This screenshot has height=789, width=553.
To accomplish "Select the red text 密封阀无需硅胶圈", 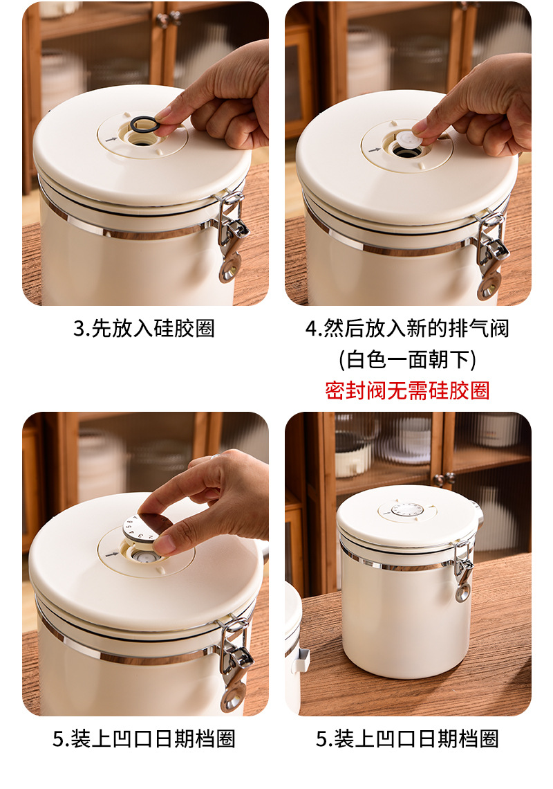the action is click(407, 390).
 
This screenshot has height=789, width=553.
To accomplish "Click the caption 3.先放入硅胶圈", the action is click(144, 329).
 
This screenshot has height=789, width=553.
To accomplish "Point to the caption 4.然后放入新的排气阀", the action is click(407, 329).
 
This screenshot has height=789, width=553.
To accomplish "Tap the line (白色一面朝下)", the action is click(407, 359).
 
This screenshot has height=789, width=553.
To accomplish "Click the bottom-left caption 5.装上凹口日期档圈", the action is click(144, 738).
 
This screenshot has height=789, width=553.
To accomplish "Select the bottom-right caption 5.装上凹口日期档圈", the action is click(407, 738).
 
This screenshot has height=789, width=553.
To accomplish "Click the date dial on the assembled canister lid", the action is click(407, 509).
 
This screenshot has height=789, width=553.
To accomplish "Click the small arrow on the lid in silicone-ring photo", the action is click(111, 139).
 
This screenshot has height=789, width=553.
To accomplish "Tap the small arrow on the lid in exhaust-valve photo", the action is click(375, 149).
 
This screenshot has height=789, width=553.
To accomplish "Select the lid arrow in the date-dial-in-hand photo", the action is click(112, 554).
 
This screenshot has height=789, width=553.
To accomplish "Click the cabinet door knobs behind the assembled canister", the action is click(444, 479).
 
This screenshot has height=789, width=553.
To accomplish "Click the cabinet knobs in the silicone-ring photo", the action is click(169, 19).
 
